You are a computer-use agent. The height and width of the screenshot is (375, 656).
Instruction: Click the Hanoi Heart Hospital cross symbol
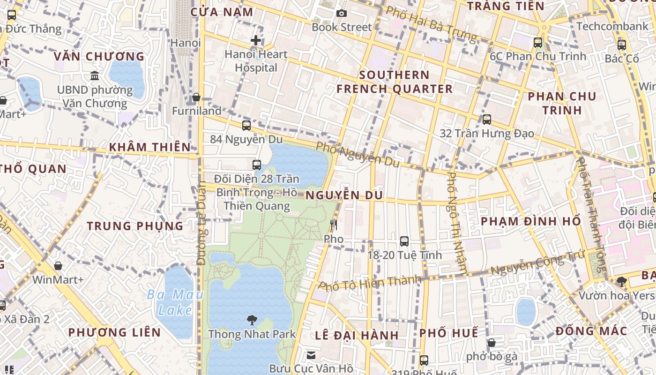[x=256, y=40]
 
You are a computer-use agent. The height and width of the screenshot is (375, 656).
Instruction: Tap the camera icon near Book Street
[x=342, y=13]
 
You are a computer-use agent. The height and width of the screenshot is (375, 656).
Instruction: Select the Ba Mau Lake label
[x=175, y=302]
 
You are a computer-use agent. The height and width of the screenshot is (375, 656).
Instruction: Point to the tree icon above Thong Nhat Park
[x=252, y=320]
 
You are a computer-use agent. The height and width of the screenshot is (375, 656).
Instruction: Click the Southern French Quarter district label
[x=395, y=82]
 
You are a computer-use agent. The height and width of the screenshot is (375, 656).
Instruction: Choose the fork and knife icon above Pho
[x=334, y=225]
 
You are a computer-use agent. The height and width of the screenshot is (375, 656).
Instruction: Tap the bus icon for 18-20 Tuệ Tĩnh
[x=404, y=241]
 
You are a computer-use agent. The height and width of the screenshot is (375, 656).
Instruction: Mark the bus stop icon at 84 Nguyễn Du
[x=246, y=126]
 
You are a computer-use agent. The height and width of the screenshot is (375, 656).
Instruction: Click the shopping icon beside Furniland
[x=196, y=97]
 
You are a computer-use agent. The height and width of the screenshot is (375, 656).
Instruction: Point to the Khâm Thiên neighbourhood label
[x=150, y=147]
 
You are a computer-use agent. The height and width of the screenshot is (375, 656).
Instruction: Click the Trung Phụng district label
[x=135, y=226]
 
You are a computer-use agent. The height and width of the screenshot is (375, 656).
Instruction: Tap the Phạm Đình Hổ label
[x=531, y=221]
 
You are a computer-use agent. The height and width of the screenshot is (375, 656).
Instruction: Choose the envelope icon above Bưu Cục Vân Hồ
[x=311, y=355]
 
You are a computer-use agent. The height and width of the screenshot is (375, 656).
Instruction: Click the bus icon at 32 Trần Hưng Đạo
[x=487, y=120]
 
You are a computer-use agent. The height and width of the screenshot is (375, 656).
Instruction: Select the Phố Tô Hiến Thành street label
[x=370, y=283]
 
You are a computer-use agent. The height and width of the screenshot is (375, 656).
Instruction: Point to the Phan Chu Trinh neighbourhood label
[x=562, y=103]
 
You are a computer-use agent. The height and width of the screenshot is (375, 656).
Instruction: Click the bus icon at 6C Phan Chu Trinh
[x=538, y=43]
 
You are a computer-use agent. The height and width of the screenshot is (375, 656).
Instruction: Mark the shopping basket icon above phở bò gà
[x=492, y=343]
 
